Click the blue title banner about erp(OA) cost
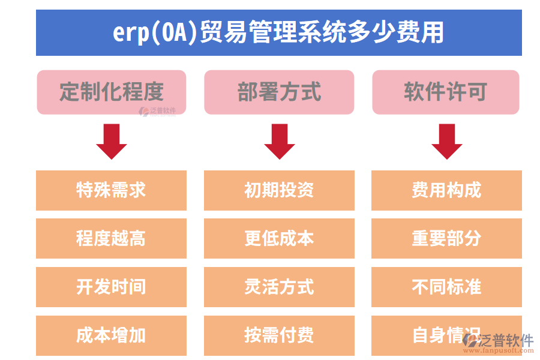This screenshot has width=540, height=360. [x=278, y=32]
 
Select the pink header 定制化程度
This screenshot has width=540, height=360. [x=112, y=92]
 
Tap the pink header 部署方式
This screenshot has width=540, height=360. [x=279, y=92]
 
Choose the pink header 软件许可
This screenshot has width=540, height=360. [x=446, y=92]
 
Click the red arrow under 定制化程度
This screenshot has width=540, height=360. [x=112, y=141]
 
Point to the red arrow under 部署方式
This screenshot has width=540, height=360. [x=279, y=141]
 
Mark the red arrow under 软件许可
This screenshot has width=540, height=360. [x=446, y=141]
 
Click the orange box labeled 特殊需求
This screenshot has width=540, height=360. [x=112, y=190]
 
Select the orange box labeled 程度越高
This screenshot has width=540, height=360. [x=112, y=238]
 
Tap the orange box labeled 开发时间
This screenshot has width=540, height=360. [x=112, y=287]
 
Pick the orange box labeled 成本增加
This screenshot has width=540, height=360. [x=112, y=335]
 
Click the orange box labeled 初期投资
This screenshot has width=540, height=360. [x=279, y=190]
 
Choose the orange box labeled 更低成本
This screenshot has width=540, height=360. [x=279, y=238]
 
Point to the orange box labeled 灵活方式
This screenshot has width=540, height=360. [x=279, y=287]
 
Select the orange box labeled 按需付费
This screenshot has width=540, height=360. [x=279, y=335]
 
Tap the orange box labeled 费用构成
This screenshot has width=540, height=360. [x=446, y=190]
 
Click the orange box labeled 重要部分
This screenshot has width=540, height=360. [x=446, y=238]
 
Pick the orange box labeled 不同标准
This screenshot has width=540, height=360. [x=446, y=287]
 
